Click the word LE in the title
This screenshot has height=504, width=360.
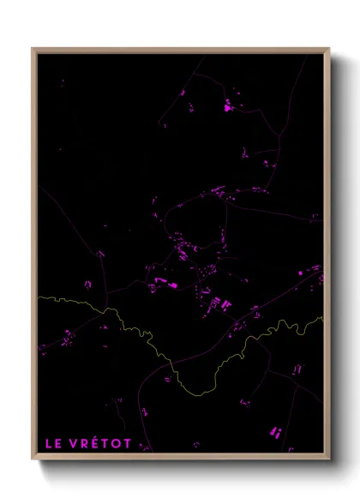pyautogui.click(x=51, y=444)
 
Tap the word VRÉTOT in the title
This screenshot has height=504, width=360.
pyautogui.click(x=101, y=444)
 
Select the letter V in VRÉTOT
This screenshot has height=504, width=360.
pyautogui.click(x=73, y=444)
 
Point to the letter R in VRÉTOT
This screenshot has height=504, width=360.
pyautogui.click(x=84, y=444)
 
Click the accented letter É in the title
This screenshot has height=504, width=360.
pyautogui.click(x=95, y=444)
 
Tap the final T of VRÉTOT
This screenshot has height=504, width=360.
pyautogui.click(x=129, y=444)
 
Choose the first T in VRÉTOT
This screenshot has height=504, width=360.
pyautogui.click(x=105, y=444)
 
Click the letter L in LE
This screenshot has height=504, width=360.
pyautogui.click(x=47, y=444)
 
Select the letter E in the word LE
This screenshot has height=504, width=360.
pyautogui.click(x=57, y=444)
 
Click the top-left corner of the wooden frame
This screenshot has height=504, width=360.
pyautogui.click(x=33, y=49)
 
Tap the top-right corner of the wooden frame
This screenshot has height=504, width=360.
pyautogui.click(x=329, y=49)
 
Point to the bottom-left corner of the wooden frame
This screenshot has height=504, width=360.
pyautogui.click(x=33, y=454)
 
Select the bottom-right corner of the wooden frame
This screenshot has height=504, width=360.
pyautogui.click(x=329, y=454)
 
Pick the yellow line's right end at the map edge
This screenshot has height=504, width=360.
pyautogui.click(x=322, y=318)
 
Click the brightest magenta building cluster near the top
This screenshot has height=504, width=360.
pyautogui.click(x=228, y=109)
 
